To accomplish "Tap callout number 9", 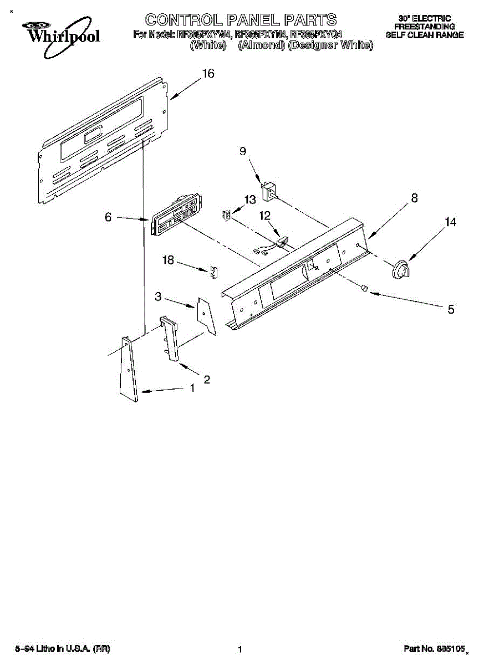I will (242, 151).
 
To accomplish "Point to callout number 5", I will (451, 309).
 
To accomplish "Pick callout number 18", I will (168, 259).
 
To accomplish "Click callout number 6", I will (109, 217).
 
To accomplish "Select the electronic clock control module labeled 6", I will (175, 218).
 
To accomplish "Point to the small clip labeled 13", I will (226, 215).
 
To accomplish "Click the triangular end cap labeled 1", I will (129, 368).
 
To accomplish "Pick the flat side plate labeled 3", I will (205, 315).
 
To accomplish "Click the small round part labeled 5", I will (364, 288).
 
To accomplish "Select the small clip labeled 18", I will (213, 272).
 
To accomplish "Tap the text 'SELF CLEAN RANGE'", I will (425, 34).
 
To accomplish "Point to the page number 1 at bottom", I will (240, 649).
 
